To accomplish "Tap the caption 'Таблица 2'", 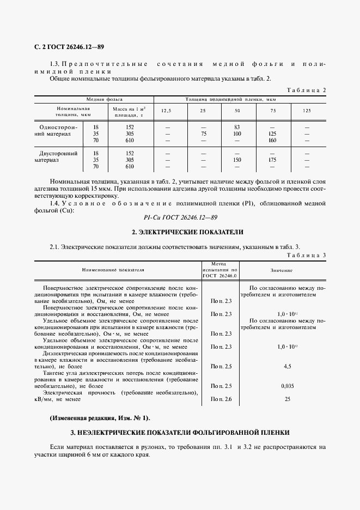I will click(x=306, y=90).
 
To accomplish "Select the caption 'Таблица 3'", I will click(x=306, y=254).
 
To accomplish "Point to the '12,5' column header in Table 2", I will click(x=166, y=111).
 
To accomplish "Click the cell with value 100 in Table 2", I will click(x=237, y=133).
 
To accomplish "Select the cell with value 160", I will click(x=272, y=141).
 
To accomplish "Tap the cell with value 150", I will click(x=237, y=161).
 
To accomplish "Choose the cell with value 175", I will click(x=272, y=161).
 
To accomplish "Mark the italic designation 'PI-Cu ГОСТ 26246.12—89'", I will click(x=180, y=217).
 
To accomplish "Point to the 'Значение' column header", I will click(x=281, y=270).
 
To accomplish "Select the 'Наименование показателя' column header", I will click(x=113, y=270).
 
